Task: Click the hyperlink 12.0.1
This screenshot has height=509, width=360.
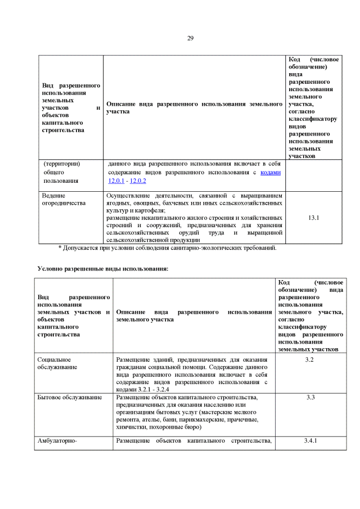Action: (x=116, y=181)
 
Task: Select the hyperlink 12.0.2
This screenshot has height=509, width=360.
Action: (x=138, y=181)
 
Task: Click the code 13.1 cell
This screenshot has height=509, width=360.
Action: (x=314, y=217)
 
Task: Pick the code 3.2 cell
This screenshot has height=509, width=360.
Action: (x=309, y=359)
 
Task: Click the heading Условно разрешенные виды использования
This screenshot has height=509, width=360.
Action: (x=103, y=268)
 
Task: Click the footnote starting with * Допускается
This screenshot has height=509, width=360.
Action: (x=167, y=247)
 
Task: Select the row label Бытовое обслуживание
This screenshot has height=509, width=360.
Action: (x=69, y=398)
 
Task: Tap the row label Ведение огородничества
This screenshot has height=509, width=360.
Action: (x=64, y=199)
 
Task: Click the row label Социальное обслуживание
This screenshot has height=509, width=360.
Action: (x=55, y=363)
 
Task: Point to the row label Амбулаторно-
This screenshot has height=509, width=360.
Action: (x=56, y=440)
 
